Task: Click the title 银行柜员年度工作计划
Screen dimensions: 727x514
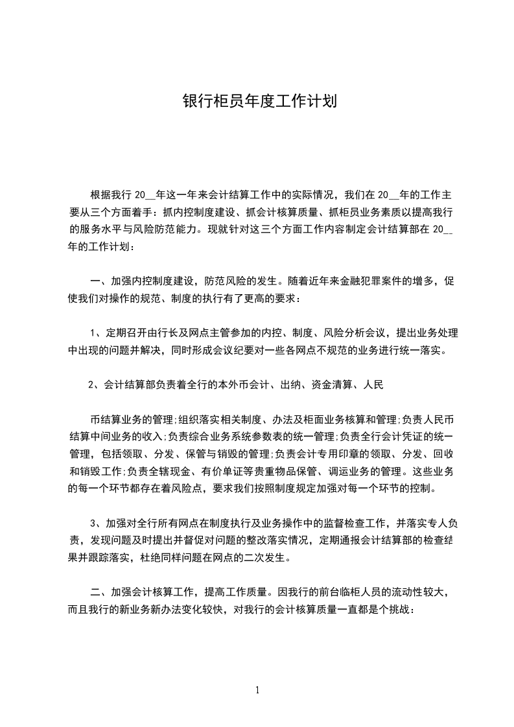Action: tap(257, 102)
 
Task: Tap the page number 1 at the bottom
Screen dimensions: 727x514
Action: tap(257, 689)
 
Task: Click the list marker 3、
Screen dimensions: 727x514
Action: tap(96, 522)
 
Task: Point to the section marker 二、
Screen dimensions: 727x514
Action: tap(99, 592)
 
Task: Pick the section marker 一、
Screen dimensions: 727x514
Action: tap(99, 281)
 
